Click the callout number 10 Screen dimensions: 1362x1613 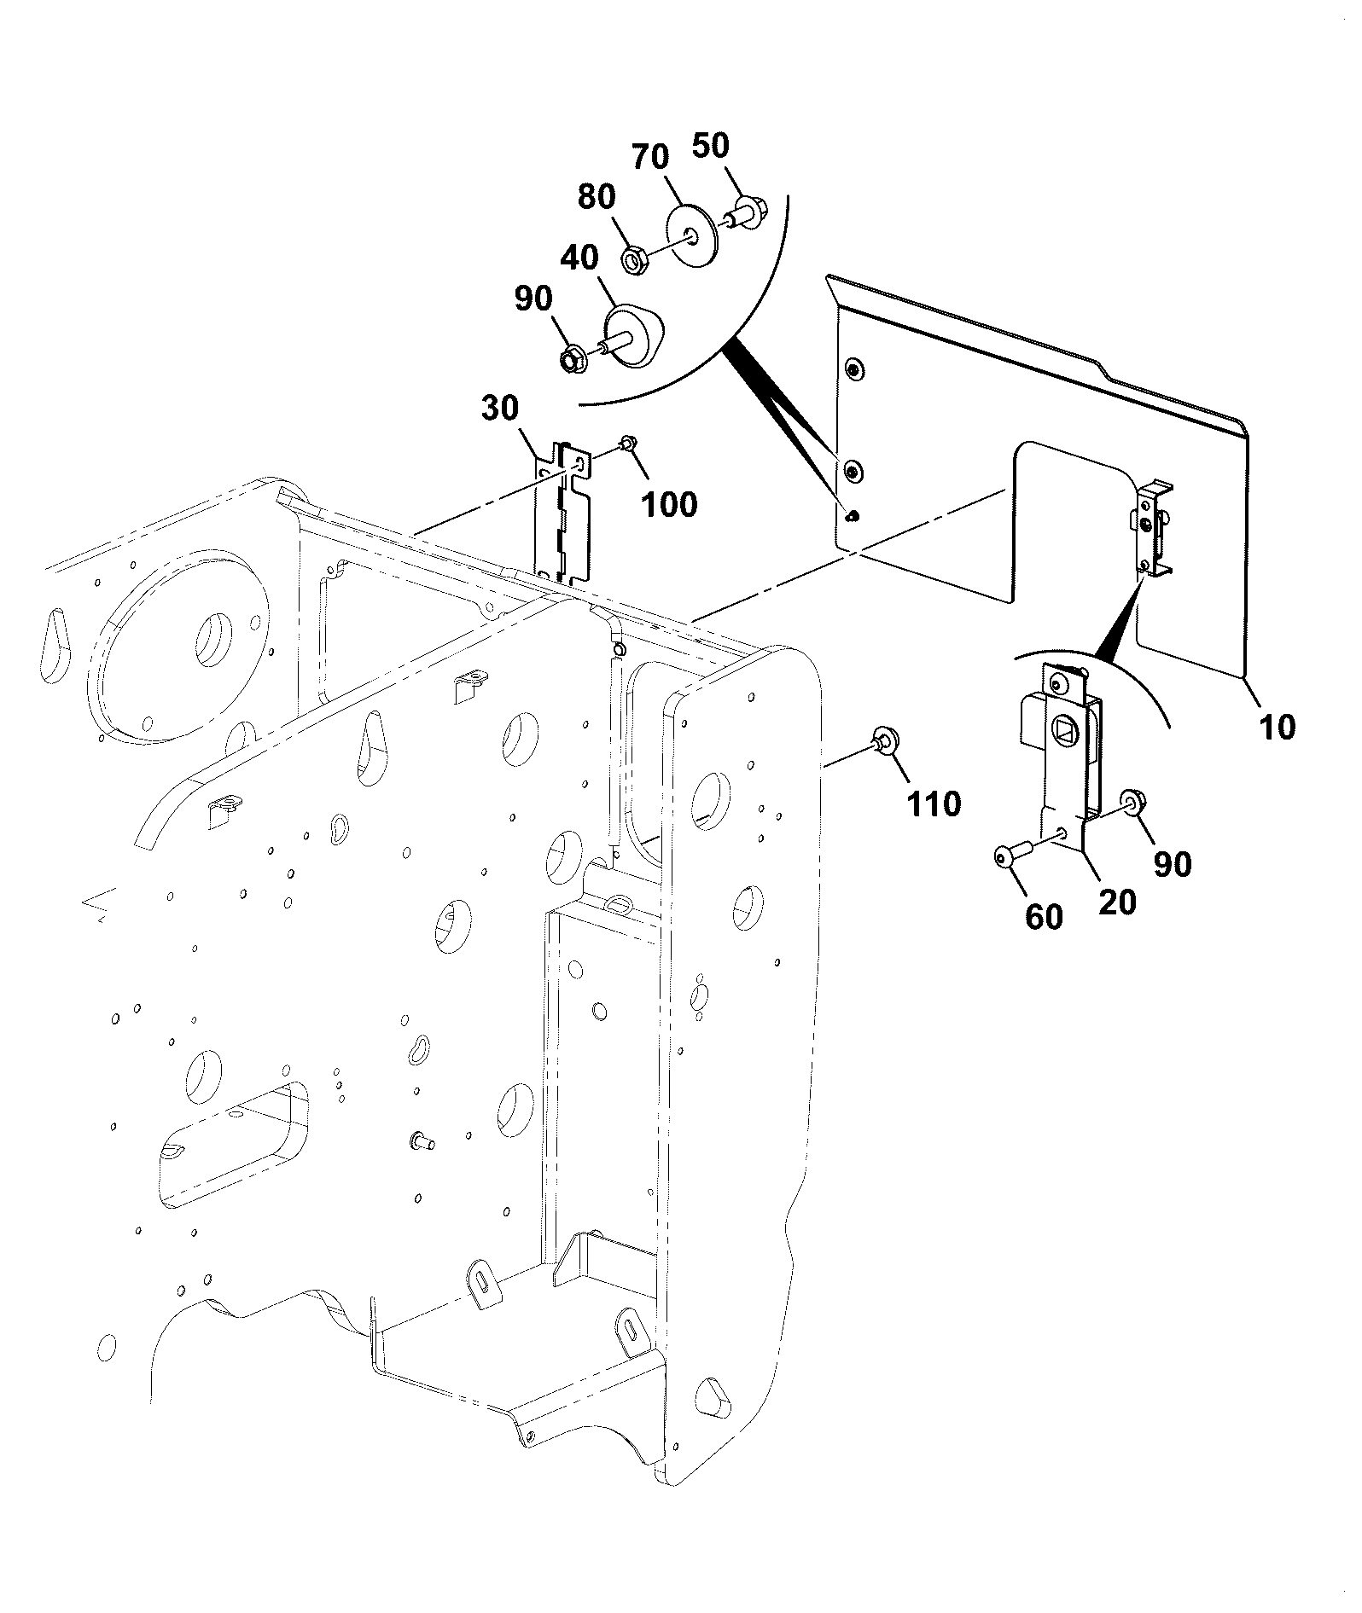point(1277,727)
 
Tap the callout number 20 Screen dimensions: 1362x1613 point(1117,902)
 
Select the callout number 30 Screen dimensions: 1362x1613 point(500,409)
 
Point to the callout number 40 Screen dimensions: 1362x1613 point(579,257)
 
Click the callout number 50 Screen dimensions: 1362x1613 point(711,146)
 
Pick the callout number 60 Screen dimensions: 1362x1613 point(1043,917)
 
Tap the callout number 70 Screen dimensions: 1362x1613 point(651,158)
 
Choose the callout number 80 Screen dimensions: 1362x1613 point(597,197)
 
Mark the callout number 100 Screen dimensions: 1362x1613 point(669,504)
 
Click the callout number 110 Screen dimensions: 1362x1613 point(933,804)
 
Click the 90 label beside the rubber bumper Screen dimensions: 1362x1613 point(533,299)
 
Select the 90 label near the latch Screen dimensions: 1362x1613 point(1172,864)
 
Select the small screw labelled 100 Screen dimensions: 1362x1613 point(626,444)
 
